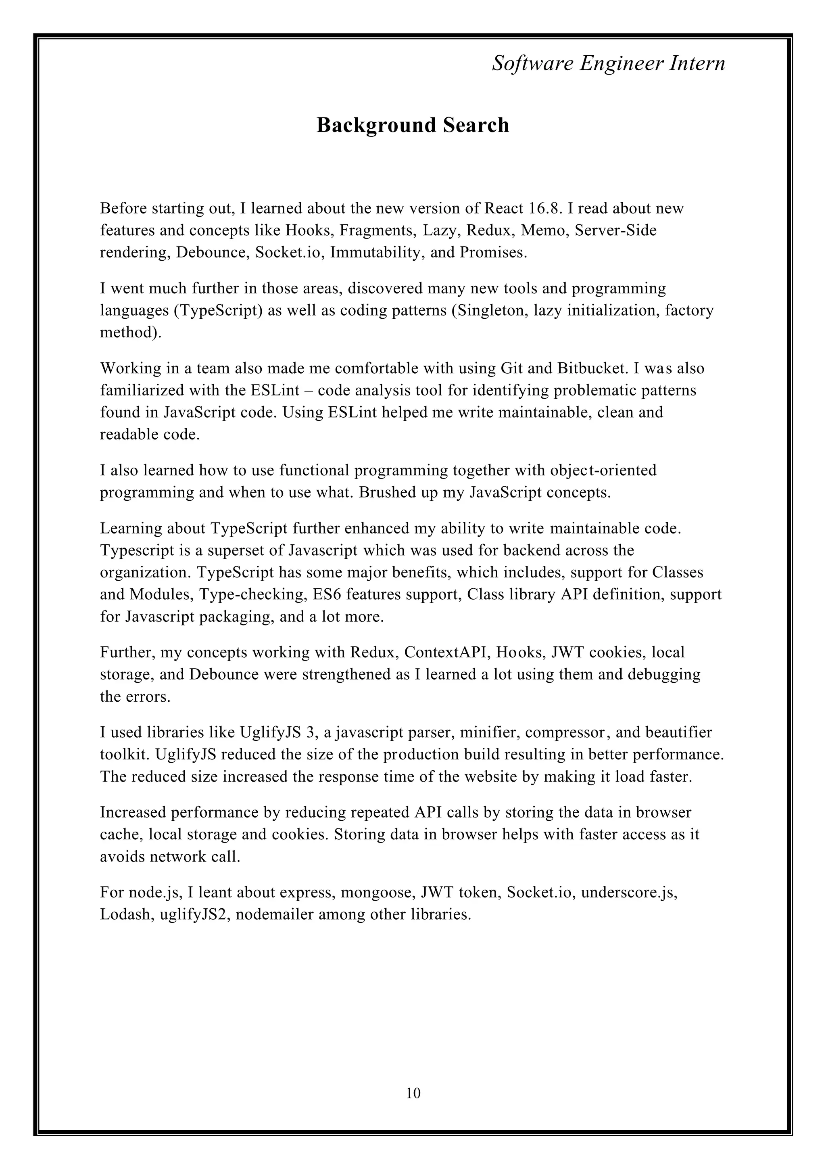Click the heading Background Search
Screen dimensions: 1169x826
(413, 125)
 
